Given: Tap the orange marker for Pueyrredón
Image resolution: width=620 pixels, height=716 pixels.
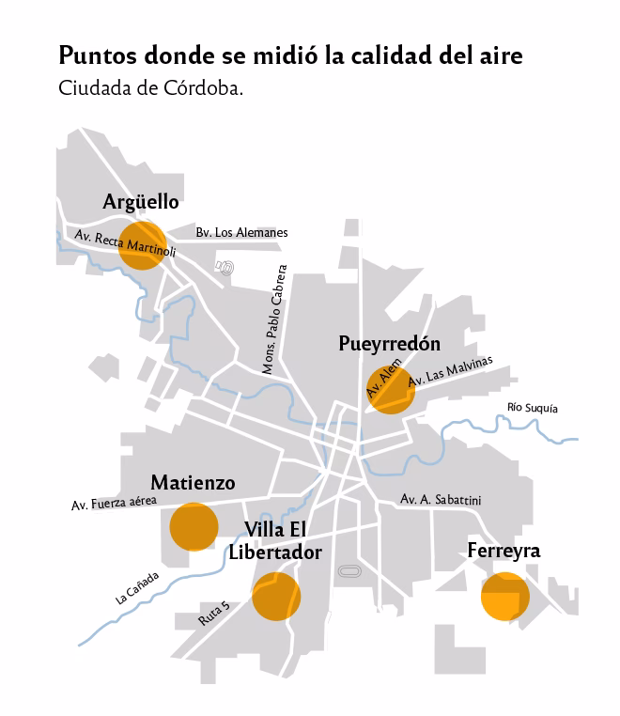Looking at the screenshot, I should pos(390,389).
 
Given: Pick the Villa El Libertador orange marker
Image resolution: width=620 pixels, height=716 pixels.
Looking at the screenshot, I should pos(276,596).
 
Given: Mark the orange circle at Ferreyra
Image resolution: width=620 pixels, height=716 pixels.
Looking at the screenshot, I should pos(504,595).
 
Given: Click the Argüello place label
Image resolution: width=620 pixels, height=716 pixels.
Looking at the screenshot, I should pos(141,202).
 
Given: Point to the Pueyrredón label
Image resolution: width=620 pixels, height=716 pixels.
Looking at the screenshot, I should pos(389,344).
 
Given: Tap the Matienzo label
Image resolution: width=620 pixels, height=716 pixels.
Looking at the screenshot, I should pos(193,483).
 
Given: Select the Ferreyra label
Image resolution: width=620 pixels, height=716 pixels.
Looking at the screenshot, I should pos(504,551).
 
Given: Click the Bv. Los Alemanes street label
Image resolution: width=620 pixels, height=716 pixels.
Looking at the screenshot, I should pos(241,232).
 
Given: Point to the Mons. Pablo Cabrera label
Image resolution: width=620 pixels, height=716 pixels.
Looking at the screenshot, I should pos(273,319).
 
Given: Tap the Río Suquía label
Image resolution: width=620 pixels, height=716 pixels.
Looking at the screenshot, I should pos(532,408).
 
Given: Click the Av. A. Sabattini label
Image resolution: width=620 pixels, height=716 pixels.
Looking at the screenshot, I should pos(440,500).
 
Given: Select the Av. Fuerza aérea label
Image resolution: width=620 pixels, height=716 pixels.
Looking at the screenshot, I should pos(114,504).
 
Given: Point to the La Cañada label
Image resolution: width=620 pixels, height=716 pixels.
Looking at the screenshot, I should pos(137,588).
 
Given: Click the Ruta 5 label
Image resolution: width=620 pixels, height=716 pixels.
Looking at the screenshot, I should pos(214,614).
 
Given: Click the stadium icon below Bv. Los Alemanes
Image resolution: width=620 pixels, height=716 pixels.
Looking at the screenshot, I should pos(224,267).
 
